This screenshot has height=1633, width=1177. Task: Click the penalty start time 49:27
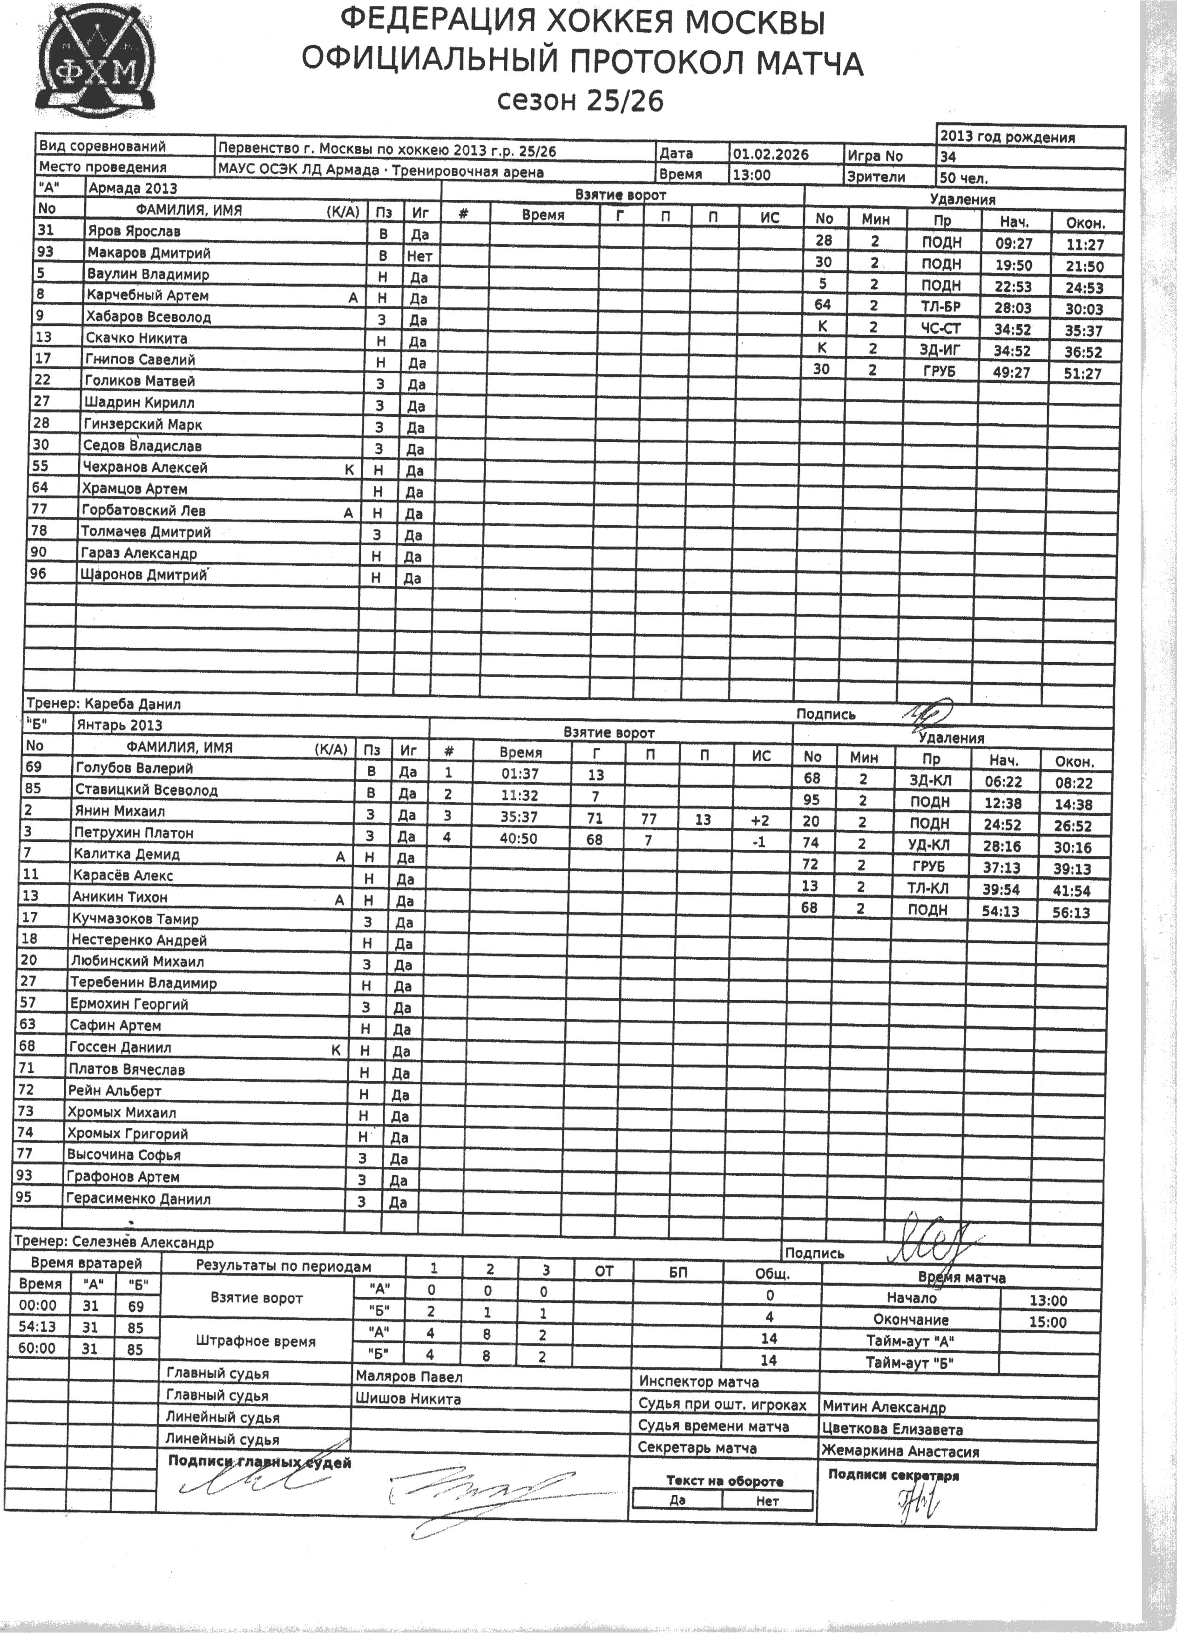pyautogui.click(x=1012, y=372)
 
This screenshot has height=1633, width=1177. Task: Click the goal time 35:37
pyautogui.click(x=520, y=817)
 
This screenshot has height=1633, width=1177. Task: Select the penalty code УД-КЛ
pyautogui.click(x=932, y=845)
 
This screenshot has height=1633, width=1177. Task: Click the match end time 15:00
pyautogui.click(x=1048, y=1322)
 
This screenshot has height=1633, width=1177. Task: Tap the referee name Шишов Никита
pyautogui.click(x=408, y=1398)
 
